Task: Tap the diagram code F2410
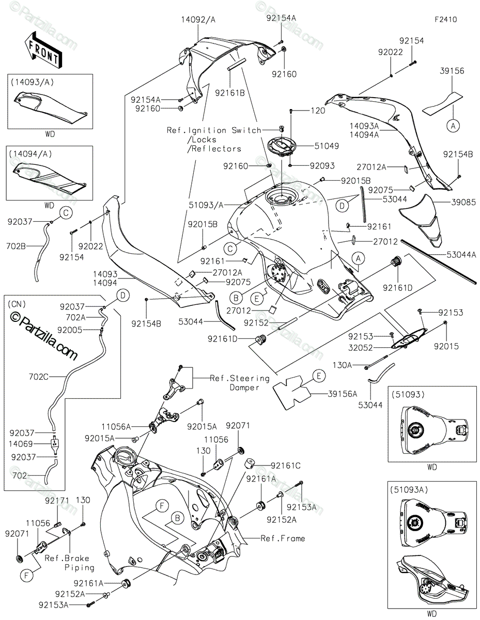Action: click(x=445, y=20)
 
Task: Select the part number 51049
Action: click(x=328, y=146)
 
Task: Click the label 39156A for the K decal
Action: click(x=343, y=394)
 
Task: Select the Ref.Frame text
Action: click(x=283, y=538)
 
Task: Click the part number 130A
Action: click(x=342, y=365)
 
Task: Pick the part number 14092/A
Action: click(x=198, y=20)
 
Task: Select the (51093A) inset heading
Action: click(x=412, y=488)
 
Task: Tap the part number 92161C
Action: click(x=286, y=466)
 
